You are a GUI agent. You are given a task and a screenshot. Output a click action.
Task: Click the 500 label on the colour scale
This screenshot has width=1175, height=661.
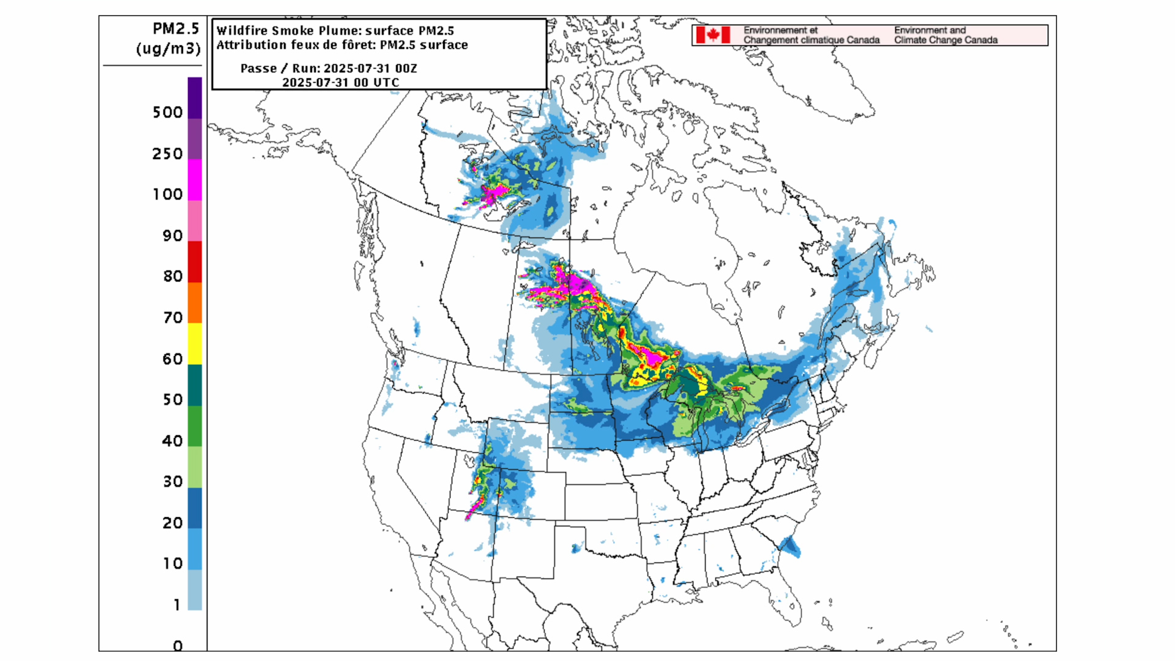(x=167, y=113)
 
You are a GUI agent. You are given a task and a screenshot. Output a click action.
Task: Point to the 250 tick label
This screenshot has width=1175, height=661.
(x=167, y=154)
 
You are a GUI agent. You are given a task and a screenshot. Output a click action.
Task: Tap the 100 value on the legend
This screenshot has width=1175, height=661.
(x=167, y=195)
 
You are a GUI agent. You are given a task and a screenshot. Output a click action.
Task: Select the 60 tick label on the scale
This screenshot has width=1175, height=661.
(x=173, y=359)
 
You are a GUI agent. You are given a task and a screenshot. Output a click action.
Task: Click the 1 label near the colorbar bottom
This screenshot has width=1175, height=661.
(x=177, y=605)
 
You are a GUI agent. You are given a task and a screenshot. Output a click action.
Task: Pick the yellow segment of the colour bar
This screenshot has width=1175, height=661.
(x=195, y=343)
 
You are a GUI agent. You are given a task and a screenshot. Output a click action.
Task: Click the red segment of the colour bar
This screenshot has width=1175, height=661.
(x=195, y=261)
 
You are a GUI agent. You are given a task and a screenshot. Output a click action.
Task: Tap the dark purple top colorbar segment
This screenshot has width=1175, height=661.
(x=195, y=97)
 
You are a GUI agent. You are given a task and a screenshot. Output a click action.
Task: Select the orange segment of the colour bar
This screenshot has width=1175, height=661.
(x=195, y=302)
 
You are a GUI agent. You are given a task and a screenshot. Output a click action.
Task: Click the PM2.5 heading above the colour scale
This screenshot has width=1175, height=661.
(x=176, y=29)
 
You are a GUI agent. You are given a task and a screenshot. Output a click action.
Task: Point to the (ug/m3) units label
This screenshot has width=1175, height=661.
(x=168, y=48)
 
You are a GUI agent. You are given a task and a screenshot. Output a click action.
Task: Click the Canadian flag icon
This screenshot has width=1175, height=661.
(x=712, y=35)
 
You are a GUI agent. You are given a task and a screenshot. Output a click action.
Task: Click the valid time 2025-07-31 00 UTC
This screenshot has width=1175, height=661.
(x=340, y=83)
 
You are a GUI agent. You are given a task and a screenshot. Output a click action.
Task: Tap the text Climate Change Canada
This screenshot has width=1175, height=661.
(x=946, y=40)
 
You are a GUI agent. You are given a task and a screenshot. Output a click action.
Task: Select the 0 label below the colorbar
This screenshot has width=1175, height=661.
(x=177, y=646)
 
